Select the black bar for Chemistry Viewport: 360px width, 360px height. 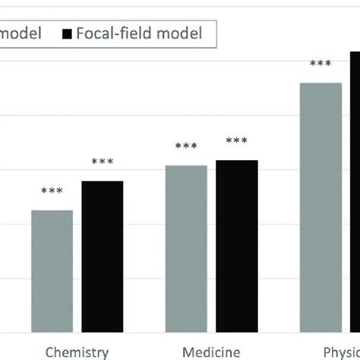pyautogui.click(x=103, y=256)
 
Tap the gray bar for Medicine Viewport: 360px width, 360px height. pyautogui.click(x=186, y=248)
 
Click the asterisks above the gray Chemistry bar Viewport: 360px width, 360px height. pyautogui.click(x=52, y=192)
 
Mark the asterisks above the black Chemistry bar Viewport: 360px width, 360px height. pyautogui.click(x=103, y=163)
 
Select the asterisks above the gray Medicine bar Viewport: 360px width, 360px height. pyautogui.click(x=186, y=147)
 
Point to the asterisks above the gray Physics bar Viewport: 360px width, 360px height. pyautogui.click(x=321, y=65)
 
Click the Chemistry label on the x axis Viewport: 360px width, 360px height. pyautogui.click(x=77, y=352)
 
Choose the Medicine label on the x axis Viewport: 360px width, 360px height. pyautogui.click(x=211, y=352)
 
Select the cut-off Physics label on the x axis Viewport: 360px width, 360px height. pyautogui.click(x=341, y=352)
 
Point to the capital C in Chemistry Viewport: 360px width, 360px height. pyautogui.click(x=51, y=352)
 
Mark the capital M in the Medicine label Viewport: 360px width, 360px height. pyautogui.click(x=188, y=352)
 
